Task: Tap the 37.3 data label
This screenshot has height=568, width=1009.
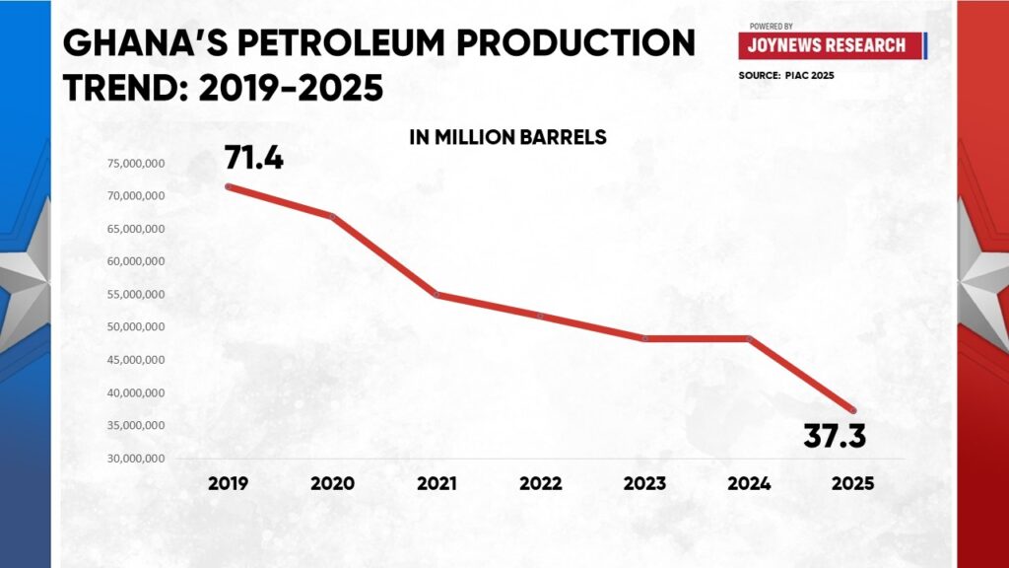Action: point(835,434)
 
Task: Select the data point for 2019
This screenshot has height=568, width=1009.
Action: point(229,186)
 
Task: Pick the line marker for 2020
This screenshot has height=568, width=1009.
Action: point(333,216)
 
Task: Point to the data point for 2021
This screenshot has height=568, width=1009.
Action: point(437,294)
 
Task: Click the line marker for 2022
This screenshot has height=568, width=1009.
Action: point(541,316)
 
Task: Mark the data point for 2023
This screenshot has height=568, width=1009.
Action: point(645,338)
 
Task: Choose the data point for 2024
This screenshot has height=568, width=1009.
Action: point(749,338)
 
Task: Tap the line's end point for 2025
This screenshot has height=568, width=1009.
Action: point(853,410)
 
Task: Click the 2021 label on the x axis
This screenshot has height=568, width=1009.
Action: point(437,484)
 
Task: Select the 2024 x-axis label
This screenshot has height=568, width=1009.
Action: point(749,484)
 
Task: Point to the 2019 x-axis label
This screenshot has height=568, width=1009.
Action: point(229,484)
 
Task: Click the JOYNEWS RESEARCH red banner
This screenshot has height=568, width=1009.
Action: point(829,45)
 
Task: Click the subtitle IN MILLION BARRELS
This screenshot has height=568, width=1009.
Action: point(507,138)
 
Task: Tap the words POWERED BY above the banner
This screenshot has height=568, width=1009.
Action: point(771,26)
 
